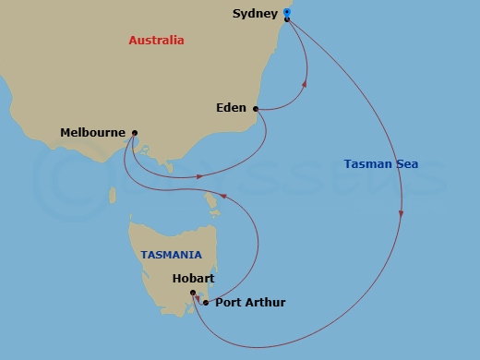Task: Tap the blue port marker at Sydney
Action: (287, 14)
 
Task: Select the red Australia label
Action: (156, 41)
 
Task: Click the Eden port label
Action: (230, 108)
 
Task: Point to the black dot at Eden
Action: (255, 109)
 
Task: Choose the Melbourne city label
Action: (92, 133)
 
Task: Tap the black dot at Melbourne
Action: (135, 133)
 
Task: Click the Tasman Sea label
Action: (380, 164)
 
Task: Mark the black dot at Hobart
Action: (193, 294)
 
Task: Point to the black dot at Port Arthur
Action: (204, 303)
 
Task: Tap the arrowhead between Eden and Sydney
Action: (305, 86)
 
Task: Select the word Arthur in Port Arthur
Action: (263, 303)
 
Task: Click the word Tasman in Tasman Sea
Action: (366, 164)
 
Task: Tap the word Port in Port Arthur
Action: (226, 303)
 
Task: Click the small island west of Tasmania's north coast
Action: (114, 196)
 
